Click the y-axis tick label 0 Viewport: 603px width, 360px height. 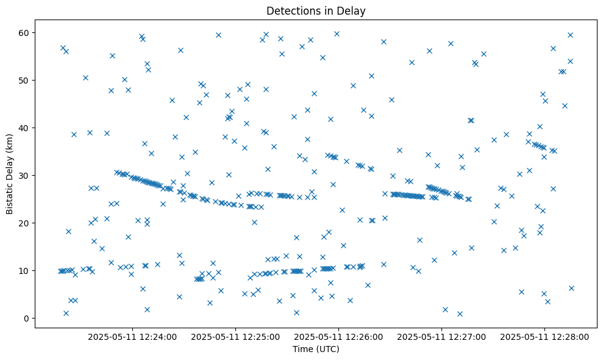coord(27,318)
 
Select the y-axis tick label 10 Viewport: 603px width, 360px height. coord(24,270)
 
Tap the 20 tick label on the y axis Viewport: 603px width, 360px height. coord(24,223)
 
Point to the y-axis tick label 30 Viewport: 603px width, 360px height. coord(24,175)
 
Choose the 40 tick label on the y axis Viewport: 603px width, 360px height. coord(24,128)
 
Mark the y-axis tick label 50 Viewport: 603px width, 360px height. coord(24,80)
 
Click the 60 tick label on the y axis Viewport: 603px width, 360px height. coord(24,32)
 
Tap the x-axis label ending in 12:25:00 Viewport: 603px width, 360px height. coord(235,336)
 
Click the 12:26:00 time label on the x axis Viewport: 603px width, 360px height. coord(338,336)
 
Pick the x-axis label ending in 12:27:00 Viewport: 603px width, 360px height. coord(441,336)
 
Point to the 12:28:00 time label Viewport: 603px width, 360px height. coord(544,336)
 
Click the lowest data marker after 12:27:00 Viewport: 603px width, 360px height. coord(460,314)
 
